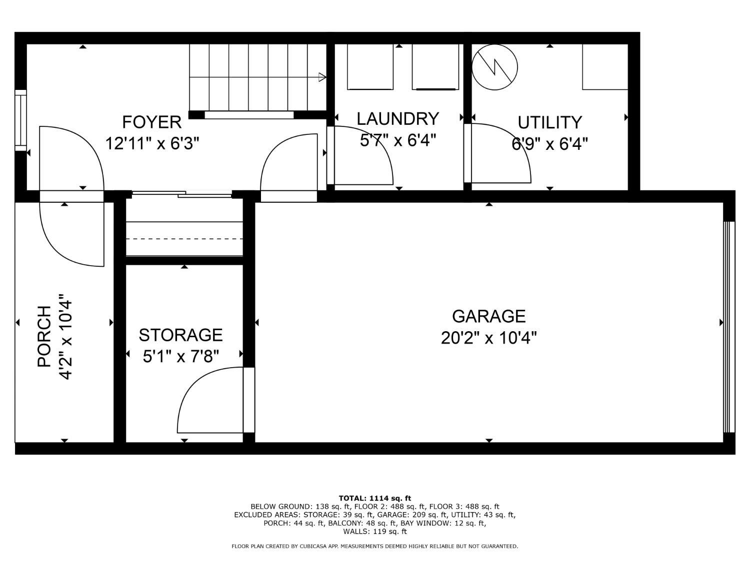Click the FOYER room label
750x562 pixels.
151,122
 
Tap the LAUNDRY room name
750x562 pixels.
397,119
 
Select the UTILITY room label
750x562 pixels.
550,122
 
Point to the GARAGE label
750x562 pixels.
488,316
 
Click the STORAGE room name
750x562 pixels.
181,335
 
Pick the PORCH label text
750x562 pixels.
44,336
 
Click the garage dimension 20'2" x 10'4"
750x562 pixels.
488,338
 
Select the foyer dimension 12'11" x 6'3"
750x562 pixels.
152,143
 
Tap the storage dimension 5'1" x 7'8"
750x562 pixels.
181,357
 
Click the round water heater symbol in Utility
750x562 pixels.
494,67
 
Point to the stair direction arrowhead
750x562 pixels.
322,77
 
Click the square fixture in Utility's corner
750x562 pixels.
605,67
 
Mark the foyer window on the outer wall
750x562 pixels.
20,120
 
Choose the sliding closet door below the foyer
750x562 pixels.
182,194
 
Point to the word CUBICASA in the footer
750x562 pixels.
312,547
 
